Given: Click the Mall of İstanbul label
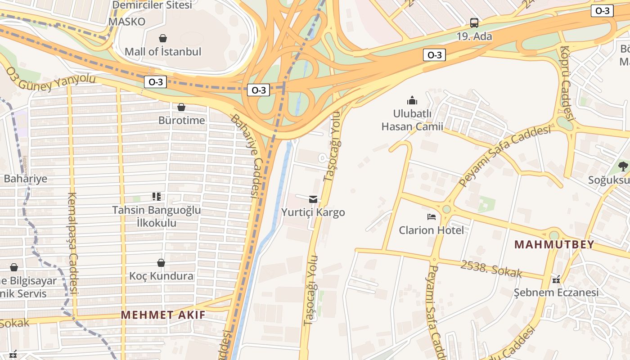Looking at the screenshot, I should tap(163, 52).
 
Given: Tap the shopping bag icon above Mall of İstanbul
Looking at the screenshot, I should tap(163, 39).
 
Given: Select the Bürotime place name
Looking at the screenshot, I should tap(181, 121).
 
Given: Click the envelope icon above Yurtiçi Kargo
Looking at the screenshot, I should tap(313, 199).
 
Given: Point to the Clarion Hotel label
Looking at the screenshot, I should tap(431, 230).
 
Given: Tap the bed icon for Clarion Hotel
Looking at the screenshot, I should tap(432, 217).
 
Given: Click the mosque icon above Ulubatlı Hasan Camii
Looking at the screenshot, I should tap(412, 100).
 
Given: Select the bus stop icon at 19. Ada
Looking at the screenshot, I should tap(474, 23).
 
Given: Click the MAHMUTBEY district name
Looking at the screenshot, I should tap(554, 245).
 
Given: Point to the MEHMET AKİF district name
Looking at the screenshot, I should tap(163, 315).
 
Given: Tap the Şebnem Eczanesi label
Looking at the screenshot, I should tap(556, 293).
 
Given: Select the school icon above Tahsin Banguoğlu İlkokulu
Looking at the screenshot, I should tap(156, 197).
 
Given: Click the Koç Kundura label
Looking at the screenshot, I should tap(162, 276).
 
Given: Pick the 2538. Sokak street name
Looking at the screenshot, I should tap(491, 268).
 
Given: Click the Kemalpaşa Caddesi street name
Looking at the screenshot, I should tap(73, 243).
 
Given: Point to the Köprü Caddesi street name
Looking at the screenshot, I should tap(567, 83).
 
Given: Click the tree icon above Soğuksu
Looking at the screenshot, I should tap(623, 167).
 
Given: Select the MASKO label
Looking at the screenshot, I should tap(127, 22).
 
